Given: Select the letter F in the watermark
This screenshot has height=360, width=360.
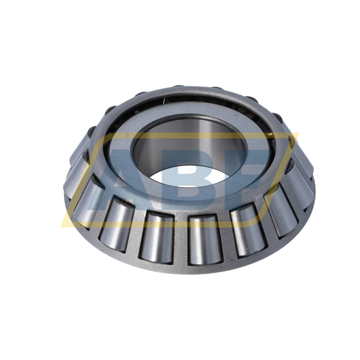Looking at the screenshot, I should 248,176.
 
